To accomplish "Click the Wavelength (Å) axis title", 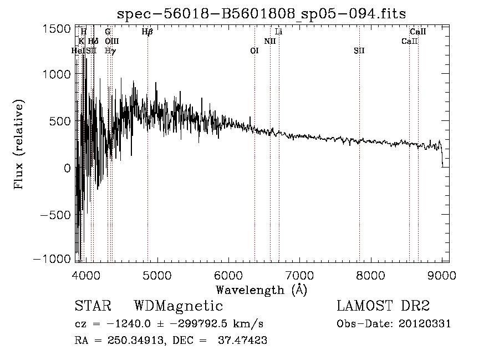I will coord(261,289).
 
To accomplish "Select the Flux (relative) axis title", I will coord(19,145).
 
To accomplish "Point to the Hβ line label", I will coord(147,32).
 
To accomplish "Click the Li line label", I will coord(279,32).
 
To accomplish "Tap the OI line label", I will coord(254,50).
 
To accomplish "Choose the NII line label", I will coord(270,41).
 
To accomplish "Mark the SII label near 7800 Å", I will coord(359,50).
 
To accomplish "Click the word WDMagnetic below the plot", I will coord(178,306).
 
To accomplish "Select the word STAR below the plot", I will coord(93,306).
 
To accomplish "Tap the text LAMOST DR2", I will coord(383,306).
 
